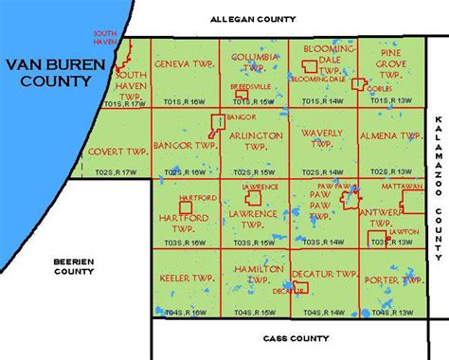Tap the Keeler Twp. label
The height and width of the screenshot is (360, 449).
point(186,280)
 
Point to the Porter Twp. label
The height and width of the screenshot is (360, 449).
point(399,279)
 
